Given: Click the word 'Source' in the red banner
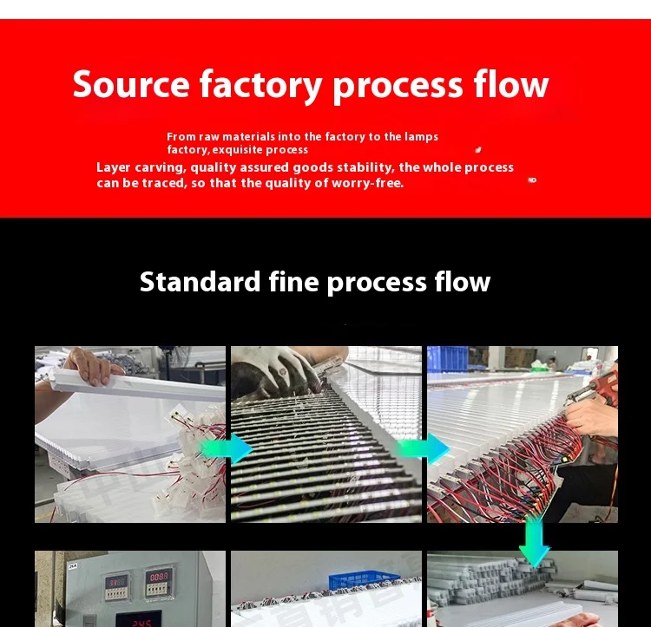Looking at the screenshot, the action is point(131,85).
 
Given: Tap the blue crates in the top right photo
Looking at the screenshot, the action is point(448,358).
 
